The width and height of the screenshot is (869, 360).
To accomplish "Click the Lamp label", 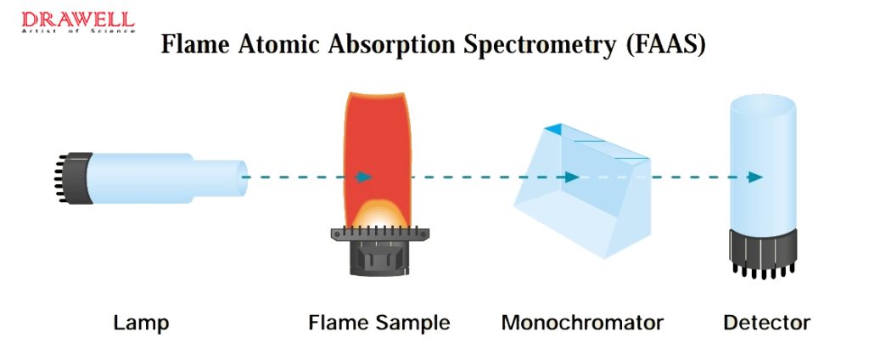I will coord(141,323).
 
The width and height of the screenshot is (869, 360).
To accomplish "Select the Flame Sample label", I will coord(379,323).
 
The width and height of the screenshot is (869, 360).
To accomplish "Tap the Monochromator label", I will coord(582,323).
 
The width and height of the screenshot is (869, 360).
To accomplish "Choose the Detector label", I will coord(766,323).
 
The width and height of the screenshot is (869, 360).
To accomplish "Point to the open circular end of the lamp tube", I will coord(243,177).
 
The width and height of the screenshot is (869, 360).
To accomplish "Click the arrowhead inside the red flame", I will coord(364,177).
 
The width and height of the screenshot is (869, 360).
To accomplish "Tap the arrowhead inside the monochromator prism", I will coord(572,177).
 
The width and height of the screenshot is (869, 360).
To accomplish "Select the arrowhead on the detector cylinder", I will coord(754,177).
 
